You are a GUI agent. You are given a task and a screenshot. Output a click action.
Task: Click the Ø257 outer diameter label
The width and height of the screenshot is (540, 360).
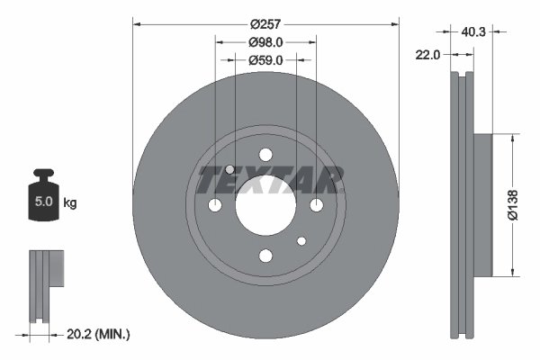pyautogui.click(x=265, y=24)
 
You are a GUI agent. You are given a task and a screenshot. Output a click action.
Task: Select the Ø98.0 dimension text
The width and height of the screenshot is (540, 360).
pyautogui.click(x=265, y=42)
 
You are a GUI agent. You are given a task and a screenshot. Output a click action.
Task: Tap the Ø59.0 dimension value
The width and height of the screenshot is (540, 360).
pyautogui.click(x=265, y=60)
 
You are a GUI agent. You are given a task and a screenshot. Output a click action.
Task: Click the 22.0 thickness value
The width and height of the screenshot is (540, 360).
pyautogui.click(x=427, y=55)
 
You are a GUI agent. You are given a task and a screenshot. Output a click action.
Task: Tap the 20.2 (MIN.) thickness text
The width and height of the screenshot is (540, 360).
pyautogui.click(x=99, y=334)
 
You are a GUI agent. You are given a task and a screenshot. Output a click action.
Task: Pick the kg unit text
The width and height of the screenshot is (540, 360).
pyautogui.click(x=70, y=202)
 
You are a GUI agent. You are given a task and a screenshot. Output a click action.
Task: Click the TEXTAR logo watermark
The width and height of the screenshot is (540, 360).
pyautogui.click(x=269, y=180)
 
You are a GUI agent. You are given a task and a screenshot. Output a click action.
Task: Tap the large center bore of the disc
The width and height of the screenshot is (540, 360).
pyautogui.click(x=265, y=206)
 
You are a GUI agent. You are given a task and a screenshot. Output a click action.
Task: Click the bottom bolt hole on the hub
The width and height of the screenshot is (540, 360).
pyautogui.click(x=265, y=256)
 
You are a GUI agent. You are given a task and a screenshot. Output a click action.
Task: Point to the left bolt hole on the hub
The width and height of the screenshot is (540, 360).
pyautogui.click(x=215, y=206)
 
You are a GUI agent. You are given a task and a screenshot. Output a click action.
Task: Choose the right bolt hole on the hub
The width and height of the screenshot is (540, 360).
pyautogui.click(x=316, y=206)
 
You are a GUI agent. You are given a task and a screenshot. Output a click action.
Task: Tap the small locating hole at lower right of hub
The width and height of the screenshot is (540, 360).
pyautogui.click(x=301, y=240)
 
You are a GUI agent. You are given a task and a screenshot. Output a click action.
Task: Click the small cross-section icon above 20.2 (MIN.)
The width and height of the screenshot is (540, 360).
pyautogui.click(x=44, y=284)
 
